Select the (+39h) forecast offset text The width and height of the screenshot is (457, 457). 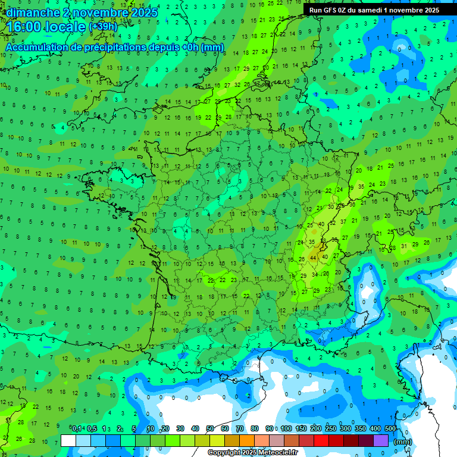[103, 27]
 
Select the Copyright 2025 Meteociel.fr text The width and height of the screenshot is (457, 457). [252, 453]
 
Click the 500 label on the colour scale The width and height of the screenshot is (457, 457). [390, 428]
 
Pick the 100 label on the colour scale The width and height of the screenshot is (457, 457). [286, 428]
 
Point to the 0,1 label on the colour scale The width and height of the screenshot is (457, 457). [77, 428]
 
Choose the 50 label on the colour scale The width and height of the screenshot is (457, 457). [210, 428]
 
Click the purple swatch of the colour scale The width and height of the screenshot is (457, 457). [381, 440]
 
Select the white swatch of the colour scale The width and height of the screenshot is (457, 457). [68, 440]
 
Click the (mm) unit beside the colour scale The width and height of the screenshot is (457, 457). [403, 442]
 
